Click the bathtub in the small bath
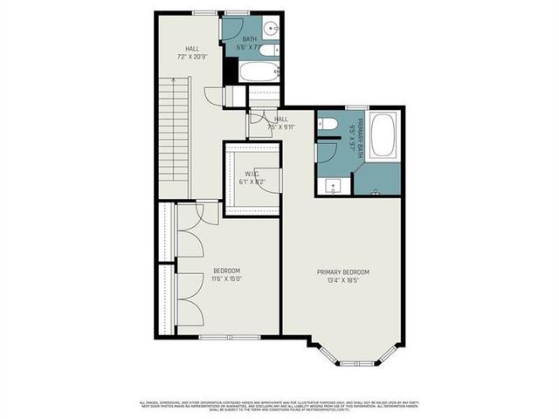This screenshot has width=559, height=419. pyautogui.click(x=259, y=72)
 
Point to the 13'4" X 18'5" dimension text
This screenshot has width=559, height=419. pyautogui.click(x=342, y=281)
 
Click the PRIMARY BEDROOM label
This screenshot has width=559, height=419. pyautogui.click(x=342, y=272)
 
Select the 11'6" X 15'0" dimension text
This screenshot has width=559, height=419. pyautogui.click(x=226, y=279)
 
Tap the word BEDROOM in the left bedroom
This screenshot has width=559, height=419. pyautogui.click(x=226, y=271)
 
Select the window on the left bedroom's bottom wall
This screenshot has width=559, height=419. pyautogui.click(x=230, y=337)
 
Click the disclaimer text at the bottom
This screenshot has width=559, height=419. pyautogui.click(x=279, y=406)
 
